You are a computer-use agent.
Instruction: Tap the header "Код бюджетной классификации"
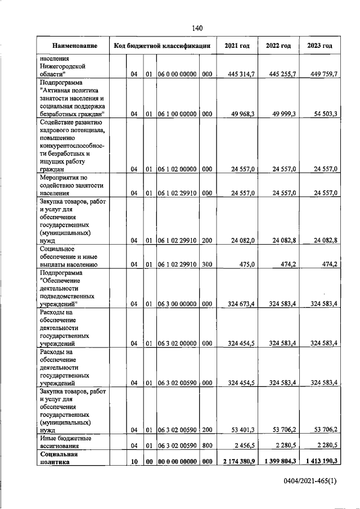tap(162, 46)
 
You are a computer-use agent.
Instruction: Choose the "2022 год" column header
tap(278, 46)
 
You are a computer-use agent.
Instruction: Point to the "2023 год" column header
tap(319, 46)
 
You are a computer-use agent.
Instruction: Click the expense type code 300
tap(206, 263)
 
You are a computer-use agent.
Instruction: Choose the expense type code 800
tap(206, 445)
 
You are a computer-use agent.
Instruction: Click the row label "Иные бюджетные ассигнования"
tap(65, 441)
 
